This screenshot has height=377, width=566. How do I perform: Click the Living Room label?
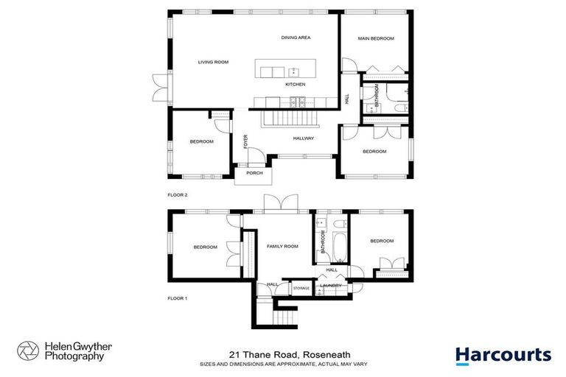213,63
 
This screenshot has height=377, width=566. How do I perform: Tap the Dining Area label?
296,38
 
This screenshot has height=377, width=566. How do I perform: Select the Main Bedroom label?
376,38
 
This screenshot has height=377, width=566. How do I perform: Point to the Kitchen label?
296,85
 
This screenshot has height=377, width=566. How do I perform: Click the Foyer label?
246,141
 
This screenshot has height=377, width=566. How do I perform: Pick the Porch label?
254,174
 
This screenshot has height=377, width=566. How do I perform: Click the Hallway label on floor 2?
303,138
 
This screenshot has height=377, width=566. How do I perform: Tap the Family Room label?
282,247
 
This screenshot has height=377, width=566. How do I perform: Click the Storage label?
301,288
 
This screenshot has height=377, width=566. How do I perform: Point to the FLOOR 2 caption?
178,195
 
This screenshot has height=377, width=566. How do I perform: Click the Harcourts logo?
503,355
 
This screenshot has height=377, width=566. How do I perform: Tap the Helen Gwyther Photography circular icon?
28,351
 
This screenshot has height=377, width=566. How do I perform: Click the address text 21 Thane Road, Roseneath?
282,355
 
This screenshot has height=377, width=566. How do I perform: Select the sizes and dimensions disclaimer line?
282,364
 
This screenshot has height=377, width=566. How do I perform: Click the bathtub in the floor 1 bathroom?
339,248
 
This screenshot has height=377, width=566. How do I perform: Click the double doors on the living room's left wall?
159,89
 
